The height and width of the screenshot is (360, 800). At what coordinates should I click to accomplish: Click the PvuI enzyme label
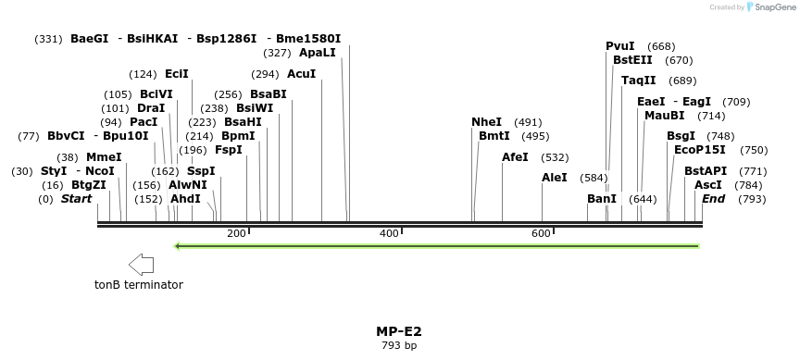pyautogui.click(x=620, y=46)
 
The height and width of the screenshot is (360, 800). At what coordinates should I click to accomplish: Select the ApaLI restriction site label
pyautogui.click(x=318, y=53)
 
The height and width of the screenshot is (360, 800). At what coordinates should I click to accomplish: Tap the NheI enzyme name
pyautogui.click(x=486, y=122)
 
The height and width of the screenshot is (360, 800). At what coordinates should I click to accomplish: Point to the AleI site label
pyautogui.click(x=555, y=177)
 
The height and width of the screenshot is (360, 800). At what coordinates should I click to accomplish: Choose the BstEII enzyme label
pyautogui.click(x=632, y=60)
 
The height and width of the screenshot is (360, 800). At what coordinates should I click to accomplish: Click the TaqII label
pyautogui.click(x=638, y=81)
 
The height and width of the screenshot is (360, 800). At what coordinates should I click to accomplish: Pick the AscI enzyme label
pyautogui.click(x=708, y=185)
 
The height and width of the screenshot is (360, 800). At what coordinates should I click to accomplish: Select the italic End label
pyautogui.click(x=713, y=199)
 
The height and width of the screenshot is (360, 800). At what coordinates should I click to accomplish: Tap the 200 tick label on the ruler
pyautogui.click(x=236, y=233)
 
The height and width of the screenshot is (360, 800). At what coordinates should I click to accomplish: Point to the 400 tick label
pyautogui.click(x=389, y=233)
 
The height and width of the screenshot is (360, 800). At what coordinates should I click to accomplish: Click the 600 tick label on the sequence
pyautogui.click(x=542, y=233)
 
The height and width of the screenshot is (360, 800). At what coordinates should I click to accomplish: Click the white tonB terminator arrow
pyautogui.click(x=142, y=265)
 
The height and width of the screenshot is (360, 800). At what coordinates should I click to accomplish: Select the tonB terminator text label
pyautogui.click(x=139, y=285)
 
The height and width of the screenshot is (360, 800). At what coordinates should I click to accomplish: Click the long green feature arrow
pyautogui.click(x=435, y=246)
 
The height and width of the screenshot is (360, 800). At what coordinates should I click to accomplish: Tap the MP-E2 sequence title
pyautogui.click(x=399, y=331)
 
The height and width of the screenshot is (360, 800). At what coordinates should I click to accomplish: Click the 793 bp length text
pyautogui.click(x=399, y=346)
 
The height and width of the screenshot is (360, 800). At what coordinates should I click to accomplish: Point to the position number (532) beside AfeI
pyautogui.click(x=555, y=158)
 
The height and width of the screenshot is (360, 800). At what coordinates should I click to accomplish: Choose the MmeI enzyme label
pyautogui.click(x=104, y=157)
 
